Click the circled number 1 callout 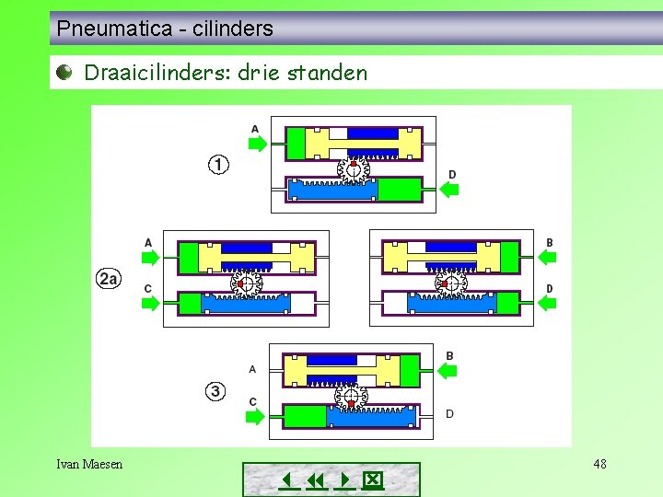[x=218, y=165]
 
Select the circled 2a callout [x=109, y=277]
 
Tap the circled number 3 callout [x=215, y=391]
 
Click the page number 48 [x=599, y=464]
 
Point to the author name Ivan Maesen [x=89, y=464]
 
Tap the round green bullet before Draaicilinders [x=64, y=73]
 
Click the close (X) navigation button [x=372, y=480]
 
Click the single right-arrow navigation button [x=343, y=480]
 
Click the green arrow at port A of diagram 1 [x=257, y=144]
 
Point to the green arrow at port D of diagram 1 [x=449, y=190]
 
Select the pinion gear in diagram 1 [x=353, y=168]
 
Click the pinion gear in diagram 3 [x=351, y=397]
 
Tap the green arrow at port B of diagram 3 [x=447, y=371]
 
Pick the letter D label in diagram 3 [x=449, y=413]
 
